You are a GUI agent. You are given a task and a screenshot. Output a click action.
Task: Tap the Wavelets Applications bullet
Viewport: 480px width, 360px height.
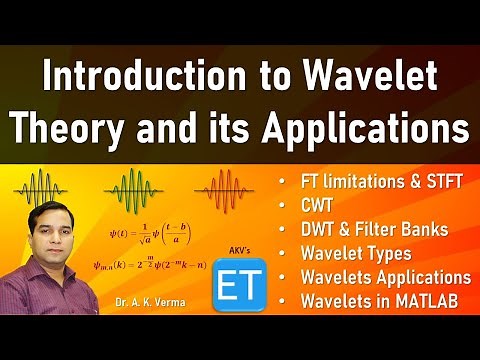pos(384,277)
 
